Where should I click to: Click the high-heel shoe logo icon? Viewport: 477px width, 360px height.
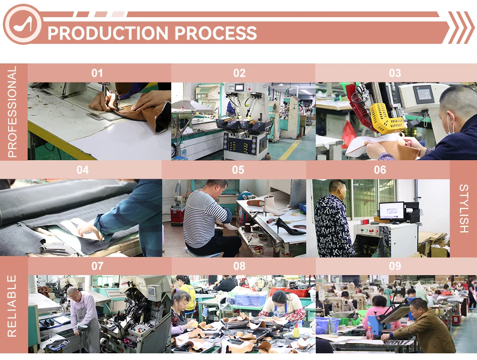point(22,24)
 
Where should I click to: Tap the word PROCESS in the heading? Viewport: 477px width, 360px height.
point(216,33)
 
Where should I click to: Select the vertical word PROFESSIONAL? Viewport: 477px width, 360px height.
point(12,112)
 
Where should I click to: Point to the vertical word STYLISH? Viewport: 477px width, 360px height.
point(463,208)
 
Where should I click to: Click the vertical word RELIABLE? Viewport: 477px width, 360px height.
point(12,306)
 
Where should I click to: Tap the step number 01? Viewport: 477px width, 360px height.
point(97,73)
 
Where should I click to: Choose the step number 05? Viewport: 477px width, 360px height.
point(238,170)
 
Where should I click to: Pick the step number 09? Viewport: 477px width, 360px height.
point(395,266)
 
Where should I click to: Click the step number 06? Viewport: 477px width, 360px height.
point(380,170)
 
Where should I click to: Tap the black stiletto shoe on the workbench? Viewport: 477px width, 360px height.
point(289,227)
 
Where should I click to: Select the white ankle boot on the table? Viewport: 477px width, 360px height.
point(272,206)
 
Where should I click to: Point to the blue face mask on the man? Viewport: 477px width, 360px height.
point(450,127)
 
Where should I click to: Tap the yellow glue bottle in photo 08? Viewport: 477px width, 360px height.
point(296,330)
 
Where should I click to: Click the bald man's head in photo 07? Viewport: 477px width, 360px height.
point(73,293)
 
